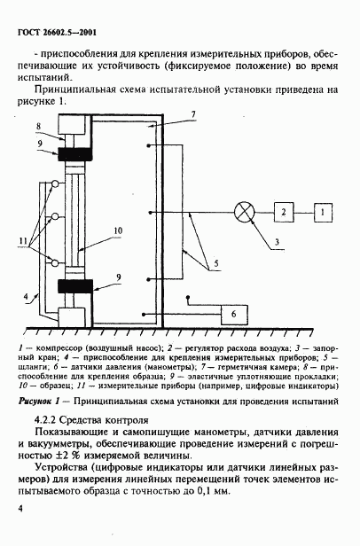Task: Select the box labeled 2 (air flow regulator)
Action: pos(282,213)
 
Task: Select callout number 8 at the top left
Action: pos(38,126)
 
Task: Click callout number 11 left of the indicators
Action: pos(23,239)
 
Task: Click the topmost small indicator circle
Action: pos(55,184)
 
